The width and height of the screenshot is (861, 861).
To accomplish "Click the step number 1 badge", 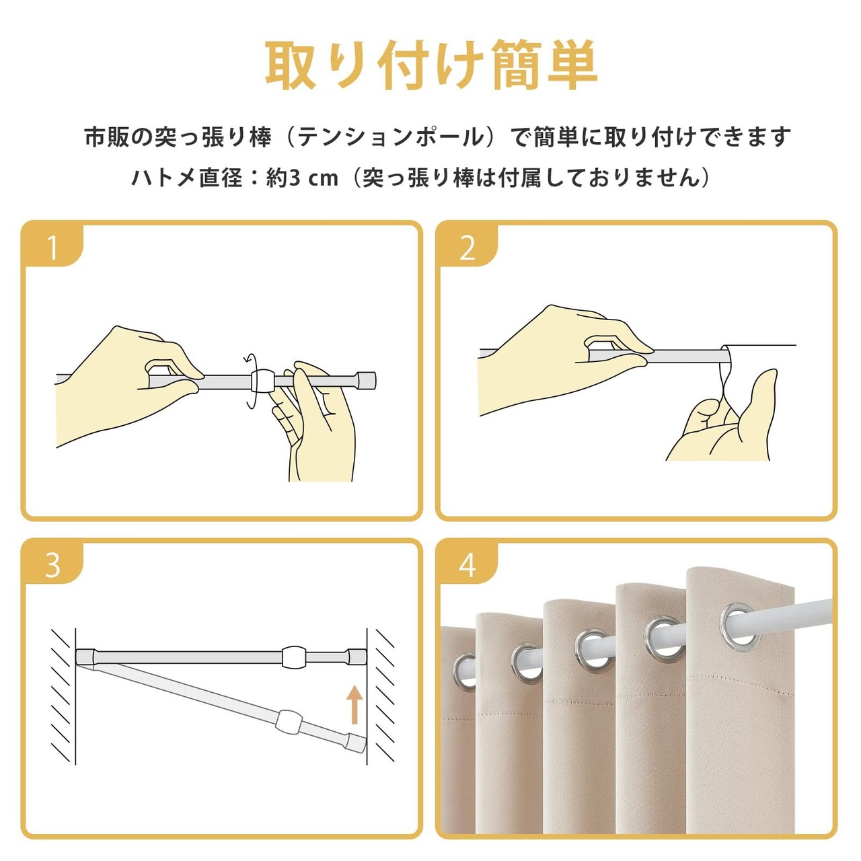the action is point(52,247).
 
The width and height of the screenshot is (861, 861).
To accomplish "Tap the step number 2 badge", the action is point(467,247).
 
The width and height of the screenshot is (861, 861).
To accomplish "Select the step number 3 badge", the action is point(52,565).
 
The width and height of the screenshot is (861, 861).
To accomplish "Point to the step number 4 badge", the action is point(467,565).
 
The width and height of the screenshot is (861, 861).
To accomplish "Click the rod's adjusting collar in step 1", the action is point(262,380).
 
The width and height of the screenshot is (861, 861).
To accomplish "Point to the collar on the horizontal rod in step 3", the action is point(293,657).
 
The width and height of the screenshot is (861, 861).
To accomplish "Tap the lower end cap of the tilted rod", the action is point(356,743).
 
